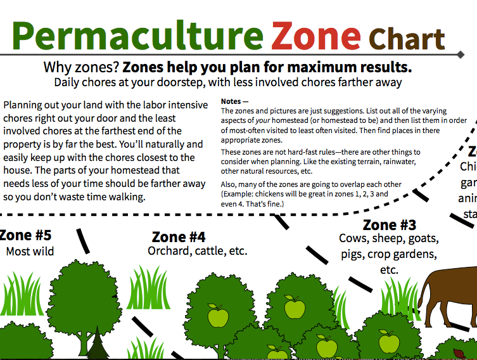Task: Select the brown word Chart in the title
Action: pos(407,39)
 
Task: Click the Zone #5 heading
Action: pos(25,235)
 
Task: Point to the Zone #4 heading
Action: pos(179,237)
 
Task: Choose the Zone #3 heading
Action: pos(389,225)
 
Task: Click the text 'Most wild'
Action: pos(30,252)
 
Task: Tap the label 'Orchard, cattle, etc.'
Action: pos(197,251)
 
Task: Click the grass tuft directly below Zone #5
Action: pos(25,292)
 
